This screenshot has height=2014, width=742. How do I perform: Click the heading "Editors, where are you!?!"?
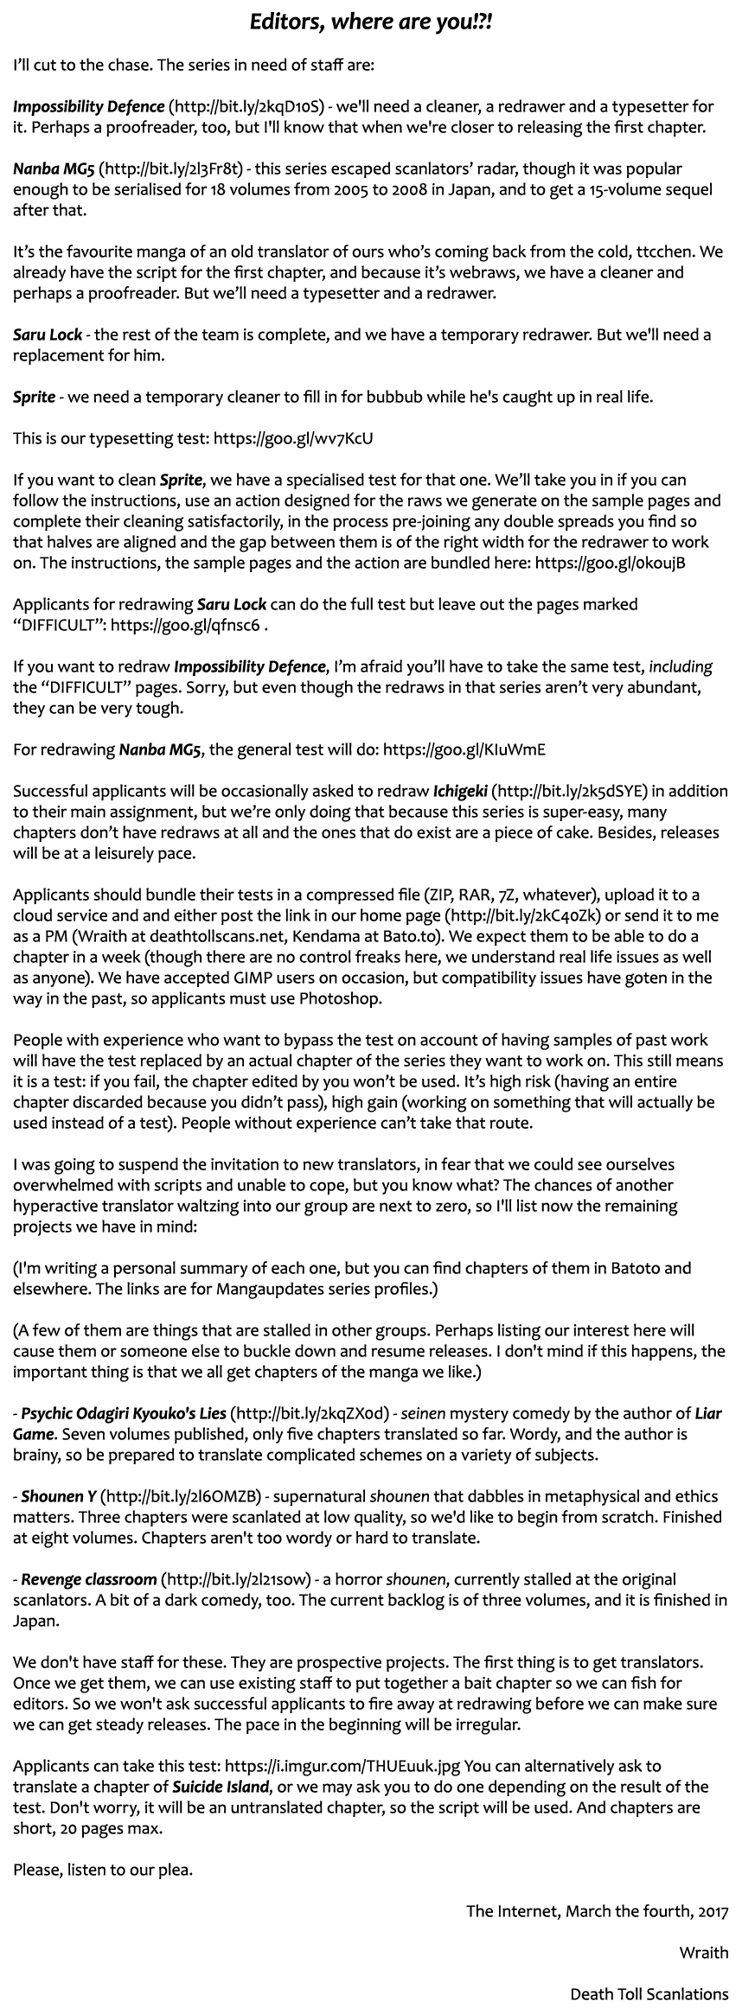pos(371,23)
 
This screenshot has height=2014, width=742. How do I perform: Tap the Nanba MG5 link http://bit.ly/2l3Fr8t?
pos(173,169)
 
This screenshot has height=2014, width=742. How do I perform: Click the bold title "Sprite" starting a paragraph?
pos(34,398)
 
